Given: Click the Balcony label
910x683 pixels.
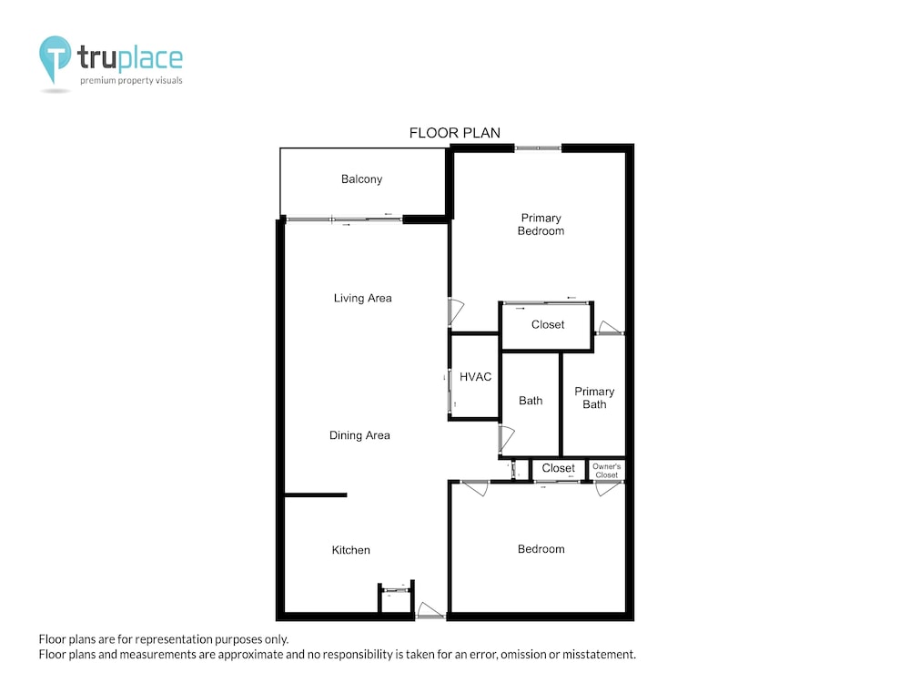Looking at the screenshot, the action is (x=361, y=178).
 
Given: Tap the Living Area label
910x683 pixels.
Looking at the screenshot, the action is (x=363, y=298).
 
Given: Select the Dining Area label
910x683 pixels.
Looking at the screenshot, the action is (x=359, y=435).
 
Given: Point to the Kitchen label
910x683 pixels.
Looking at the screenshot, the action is (x=350, y=550).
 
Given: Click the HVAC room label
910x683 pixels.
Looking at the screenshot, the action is (x=475, y=377).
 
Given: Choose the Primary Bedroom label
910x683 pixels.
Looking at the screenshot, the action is (x=541, y=224).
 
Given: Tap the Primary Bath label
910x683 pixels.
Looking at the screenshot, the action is (x=594, y=398).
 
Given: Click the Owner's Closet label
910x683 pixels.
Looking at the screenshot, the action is (x=606, y=471).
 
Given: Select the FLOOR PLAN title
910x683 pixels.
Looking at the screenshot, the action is (x=454, y=133).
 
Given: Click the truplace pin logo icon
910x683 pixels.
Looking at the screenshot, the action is (x=55, y=59).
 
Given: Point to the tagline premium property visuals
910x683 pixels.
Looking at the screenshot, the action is (x=131, y=80).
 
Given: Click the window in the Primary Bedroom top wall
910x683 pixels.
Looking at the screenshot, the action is (x=538, y=148).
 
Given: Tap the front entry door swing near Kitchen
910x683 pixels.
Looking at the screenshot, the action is (x=430, y=610).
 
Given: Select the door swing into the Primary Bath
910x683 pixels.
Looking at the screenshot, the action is (x=610, y=328).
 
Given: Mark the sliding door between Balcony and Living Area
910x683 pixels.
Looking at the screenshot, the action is (x=344, y=219).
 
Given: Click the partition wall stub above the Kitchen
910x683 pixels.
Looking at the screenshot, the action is (x=315, y=494).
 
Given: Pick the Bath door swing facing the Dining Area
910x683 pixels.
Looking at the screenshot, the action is (x=507, y=440).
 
